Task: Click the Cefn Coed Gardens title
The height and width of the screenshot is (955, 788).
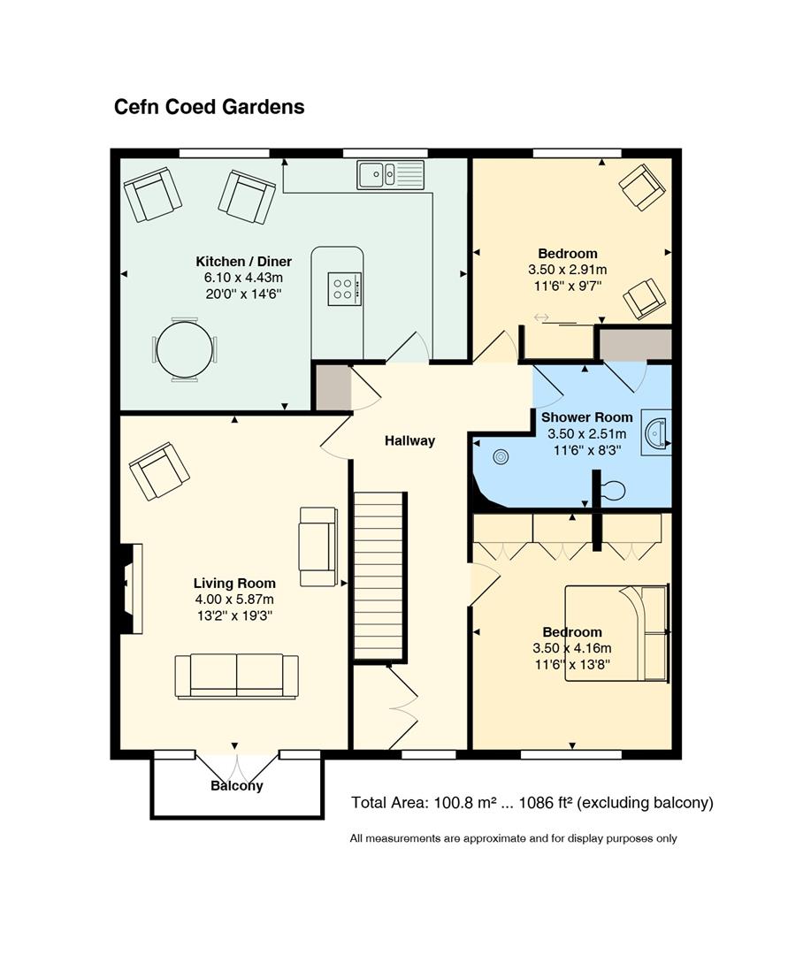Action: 209,107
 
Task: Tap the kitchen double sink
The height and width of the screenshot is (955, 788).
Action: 390,175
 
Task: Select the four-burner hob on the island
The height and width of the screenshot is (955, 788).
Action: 345,288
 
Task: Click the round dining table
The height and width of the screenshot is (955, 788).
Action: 185,349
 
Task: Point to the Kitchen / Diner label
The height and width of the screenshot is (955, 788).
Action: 243,262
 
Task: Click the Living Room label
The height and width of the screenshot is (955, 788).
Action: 234,584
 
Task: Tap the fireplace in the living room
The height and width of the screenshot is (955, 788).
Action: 130,589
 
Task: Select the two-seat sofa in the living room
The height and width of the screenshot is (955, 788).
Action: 237,676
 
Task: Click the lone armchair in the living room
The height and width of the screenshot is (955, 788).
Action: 159,471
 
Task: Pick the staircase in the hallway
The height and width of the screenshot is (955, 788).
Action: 380,577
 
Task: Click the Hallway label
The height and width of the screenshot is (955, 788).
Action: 409,441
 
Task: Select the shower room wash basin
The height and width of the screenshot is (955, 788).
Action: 656,432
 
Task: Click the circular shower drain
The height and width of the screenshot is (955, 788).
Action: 501,457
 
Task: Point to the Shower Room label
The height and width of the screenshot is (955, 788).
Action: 587,417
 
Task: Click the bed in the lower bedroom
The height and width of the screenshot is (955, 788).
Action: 617,633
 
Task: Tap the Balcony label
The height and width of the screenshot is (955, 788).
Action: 237,786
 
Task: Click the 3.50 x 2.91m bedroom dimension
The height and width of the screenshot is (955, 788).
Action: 568,269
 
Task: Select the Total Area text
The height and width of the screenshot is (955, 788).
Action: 532,803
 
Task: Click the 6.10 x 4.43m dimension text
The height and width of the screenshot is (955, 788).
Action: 243,278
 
